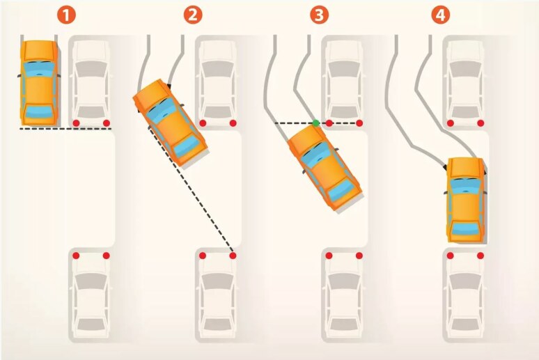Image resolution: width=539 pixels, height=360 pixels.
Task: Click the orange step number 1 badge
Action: [x=66, y=15]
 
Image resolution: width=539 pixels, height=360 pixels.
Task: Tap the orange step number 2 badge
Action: [x=192, y=15]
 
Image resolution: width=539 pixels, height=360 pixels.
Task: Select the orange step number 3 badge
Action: [x=319, y=15]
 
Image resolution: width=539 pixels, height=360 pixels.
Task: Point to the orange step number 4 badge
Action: [x=440, y=15]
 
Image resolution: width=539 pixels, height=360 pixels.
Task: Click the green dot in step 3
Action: [x=316, y=123]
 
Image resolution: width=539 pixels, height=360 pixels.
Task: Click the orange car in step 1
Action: [x=39, y=83]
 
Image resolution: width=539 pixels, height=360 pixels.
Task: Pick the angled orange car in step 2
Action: [x=170, y=123]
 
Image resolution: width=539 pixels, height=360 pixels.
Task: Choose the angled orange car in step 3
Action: [x=324, y=167]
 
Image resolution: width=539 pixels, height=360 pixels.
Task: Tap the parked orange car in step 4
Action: [x=466, y=199]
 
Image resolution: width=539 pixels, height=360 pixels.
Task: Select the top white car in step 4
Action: [x=465, y=83]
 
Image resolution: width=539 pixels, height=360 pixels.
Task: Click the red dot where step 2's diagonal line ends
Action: [x=233, y=256]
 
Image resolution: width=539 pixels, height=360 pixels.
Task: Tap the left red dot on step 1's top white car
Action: [x=76, y=123]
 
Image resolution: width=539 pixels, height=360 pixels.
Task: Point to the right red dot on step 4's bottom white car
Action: [x=481, y=256]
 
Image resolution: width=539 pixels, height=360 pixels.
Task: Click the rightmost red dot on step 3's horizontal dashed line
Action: [x=359, y=123]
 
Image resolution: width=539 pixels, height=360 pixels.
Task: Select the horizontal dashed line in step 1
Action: [x=65, y=129]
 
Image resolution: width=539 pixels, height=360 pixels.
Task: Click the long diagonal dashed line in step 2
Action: [x=191, y=189]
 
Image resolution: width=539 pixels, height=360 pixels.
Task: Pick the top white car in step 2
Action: [x=217, y=83]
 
